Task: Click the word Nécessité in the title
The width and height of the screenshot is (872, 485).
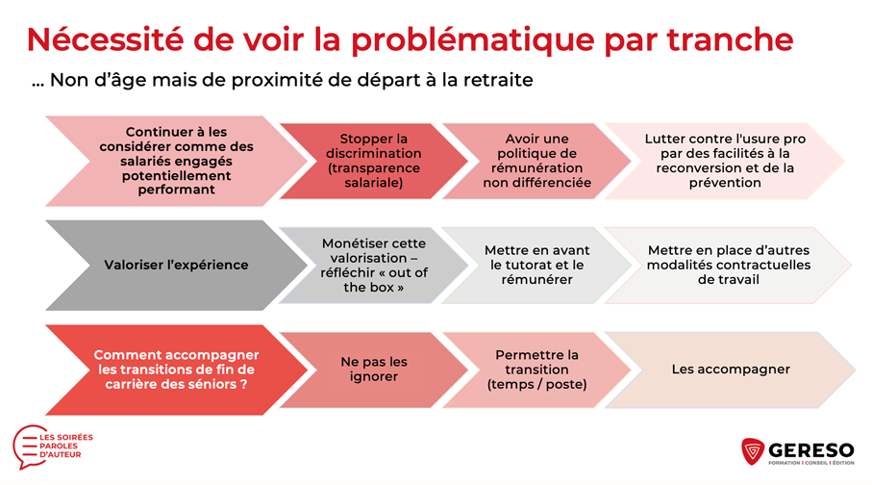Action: click(x=105, y=39)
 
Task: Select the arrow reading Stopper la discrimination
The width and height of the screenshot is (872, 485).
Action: click(x=374, y=161)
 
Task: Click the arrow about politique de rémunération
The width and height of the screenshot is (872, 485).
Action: click(x=536, y=161)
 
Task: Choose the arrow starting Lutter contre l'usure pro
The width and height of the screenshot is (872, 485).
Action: click(x=725, y=161)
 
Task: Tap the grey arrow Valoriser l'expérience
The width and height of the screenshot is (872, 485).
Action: click(x=176, y=265)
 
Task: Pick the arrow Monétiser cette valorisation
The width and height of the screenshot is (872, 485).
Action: click(x=374, y=265)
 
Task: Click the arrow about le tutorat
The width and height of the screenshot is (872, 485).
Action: click(x=536, y=265)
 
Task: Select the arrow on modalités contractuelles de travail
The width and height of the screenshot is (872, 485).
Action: click(x=728, y=265)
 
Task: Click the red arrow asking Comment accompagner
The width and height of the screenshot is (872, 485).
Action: click(x=176, y=370)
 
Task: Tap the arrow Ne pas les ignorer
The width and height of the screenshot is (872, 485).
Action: click(x=374, y=370)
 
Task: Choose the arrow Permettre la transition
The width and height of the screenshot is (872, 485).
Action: click(x=536, y=370)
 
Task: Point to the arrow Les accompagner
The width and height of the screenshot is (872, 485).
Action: click(x=730, y=370)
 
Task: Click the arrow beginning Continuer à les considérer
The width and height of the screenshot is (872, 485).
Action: click(x=176, y=161)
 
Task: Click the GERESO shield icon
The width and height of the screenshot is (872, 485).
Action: click(x=753, y=451)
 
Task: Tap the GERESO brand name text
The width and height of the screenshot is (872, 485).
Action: click(x=811, y=450)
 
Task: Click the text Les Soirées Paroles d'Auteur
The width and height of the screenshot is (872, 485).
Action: click(x=65, y=446)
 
